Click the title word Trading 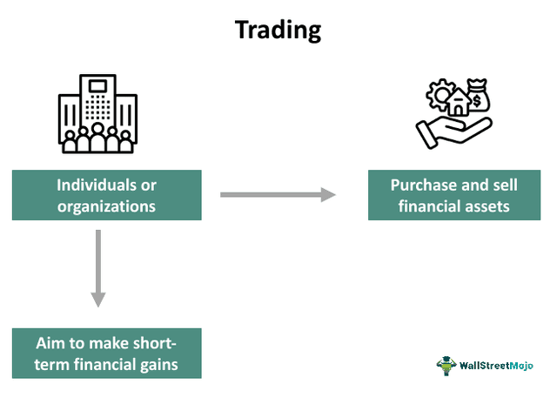pyautogui.click(x=278, y=30)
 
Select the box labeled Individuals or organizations pyautogui.click(x=106, y=195)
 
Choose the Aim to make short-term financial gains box pyautogui.click(x=106, y=353)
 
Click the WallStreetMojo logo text pyautogui.click(x=500, y=363)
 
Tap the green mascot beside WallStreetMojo pyautogui.click(x=446, y=363)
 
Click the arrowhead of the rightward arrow pyautogui.click(x=328, y=193)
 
